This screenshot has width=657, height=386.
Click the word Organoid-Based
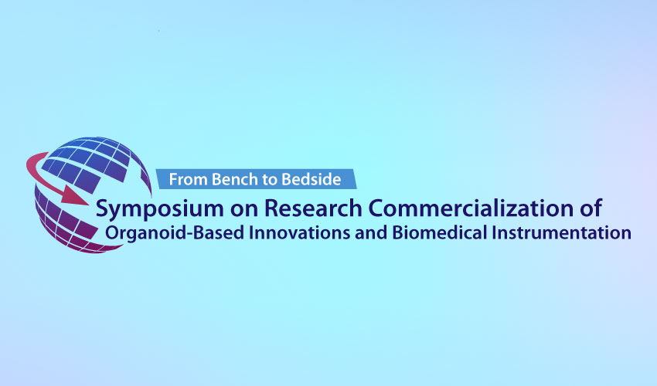[x=175, y=233]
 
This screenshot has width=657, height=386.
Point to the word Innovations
[x=300, y=232]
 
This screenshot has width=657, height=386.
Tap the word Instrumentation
[x=561, y=232]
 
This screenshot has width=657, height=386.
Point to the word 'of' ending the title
[x=591, y=208]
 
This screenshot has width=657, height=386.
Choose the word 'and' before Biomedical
[x=371, y=233]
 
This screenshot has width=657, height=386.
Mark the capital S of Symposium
[x=102, y=208]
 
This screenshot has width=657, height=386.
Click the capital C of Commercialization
[x=377, y=208]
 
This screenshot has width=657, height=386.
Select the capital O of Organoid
[x=113, y=233]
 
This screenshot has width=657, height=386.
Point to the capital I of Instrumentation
[x=495, y=233]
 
